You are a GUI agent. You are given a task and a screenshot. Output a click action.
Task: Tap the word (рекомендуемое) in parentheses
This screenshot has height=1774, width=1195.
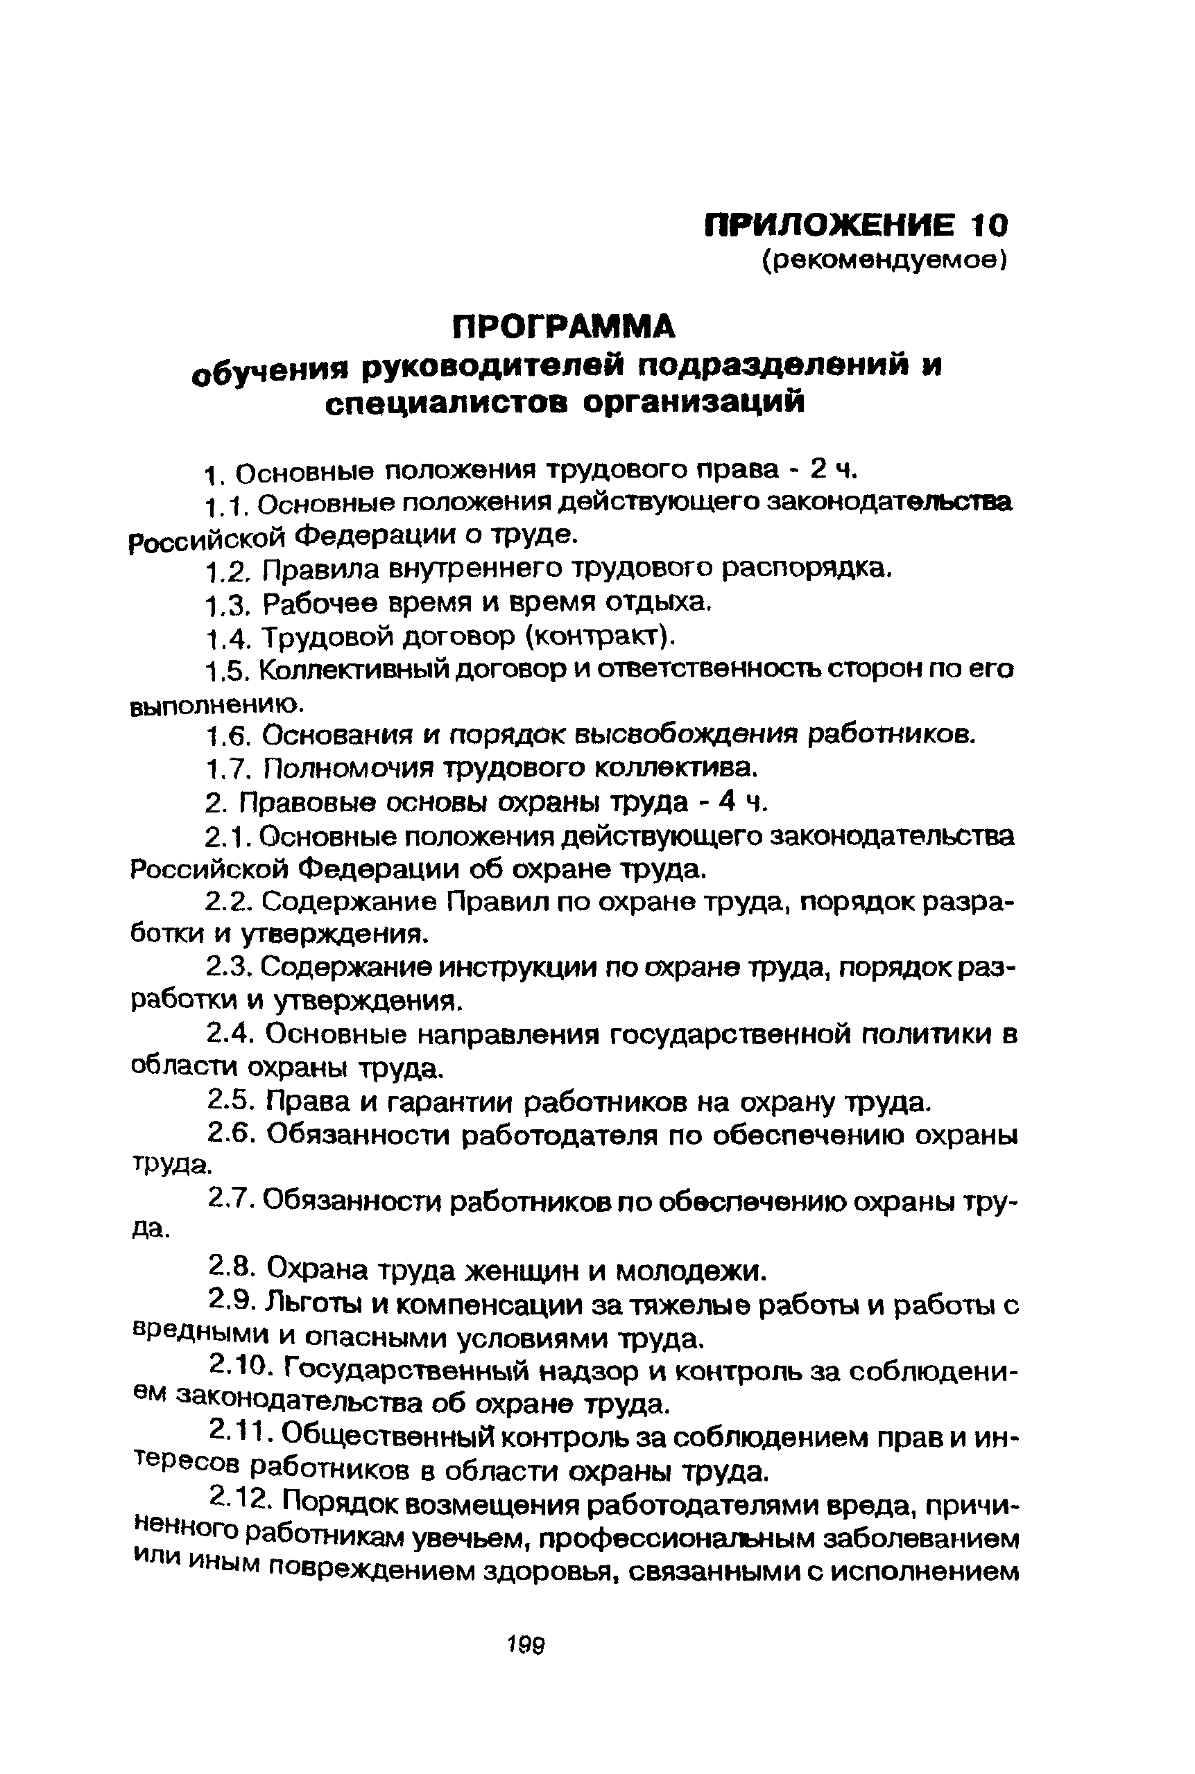(885, 261)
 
